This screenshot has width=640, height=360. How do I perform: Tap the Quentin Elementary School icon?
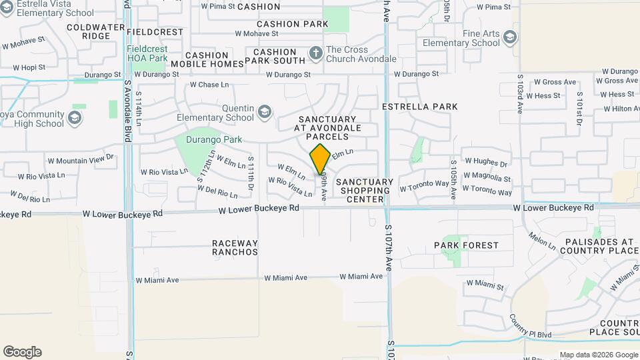pyautogui.click(x=265, y=111)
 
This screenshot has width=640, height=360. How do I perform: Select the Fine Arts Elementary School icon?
pyautogui.click(x=511, y=37)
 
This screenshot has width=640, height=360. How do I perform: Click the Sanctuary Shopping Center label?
pyautogui.click(x=365, y=190)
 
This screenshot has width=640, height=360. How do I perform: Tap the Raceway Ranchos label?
pyautogui.click(x=235, y=247)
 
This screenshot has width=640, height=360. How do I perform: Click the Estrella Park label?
pyautogui.click(x=419, y=106)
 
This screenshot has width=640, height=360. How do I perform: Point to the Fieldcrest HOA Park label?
pyautogui.click(x=147, y=53)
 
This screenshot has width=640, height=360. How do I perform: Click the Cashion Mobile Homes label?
pyautogui.click(x=207, y=59)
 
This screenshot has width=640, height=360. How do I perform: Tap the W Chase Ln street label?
pyautogui.click(x=209, y=85)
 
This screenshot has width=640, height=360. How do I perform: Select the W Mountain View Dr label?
pyautogui.click(x=81, y=159)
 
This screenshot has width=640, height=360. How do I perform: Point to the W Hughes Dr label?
pyautogui.click(x=486, y=161)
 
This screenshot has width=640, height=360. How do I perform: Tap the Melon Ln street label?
pyautogui.click(x=541, y=239)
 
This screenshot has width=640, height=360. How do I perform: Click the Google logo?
pyautogui.click(x=22, y=352)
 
